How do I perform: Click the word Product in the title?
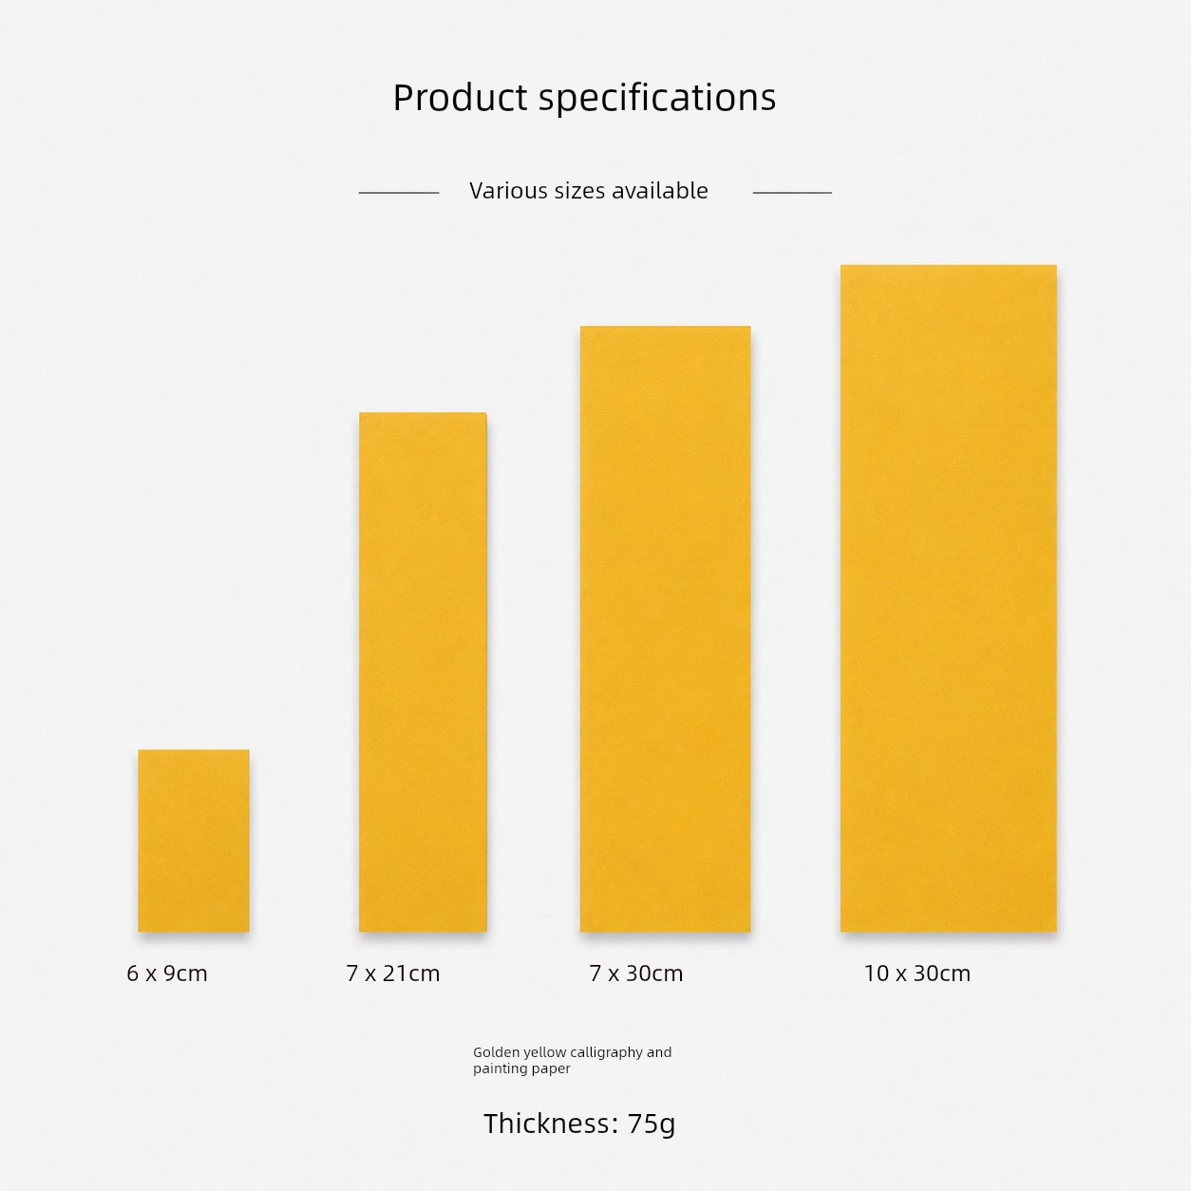click(x=461, y=97)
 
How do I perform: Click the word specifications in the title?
click(x=657, y=99)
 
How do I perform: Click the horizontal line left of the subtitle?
click(x=399, y=193)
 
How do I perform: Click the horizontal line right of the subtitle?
click(x=792, y=193)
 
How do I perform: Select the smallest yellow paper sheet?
click(x=194, y=841)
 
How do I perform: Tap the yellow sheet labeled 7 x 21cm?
click(x=423, y=671)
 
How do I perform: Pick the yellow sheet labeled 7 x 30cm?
click(x=665, y=629)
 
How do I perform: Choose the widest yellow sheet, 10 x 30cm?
click(x=948, y=598)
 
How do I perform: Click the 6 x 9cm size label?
click(x=167, y=974)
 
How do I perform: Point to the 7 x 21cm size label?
click(x=392, y=974)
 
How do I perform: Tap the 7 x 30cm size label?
click(x=636, y=974)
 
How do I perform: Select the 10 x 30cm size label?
click(x=917, y=974)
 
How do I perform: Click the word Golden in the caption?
click(x=497, y=1052)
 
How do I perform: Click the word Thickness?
click(x=551, y=1124)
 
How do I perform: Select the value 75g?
click(x=652, y=1125)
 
